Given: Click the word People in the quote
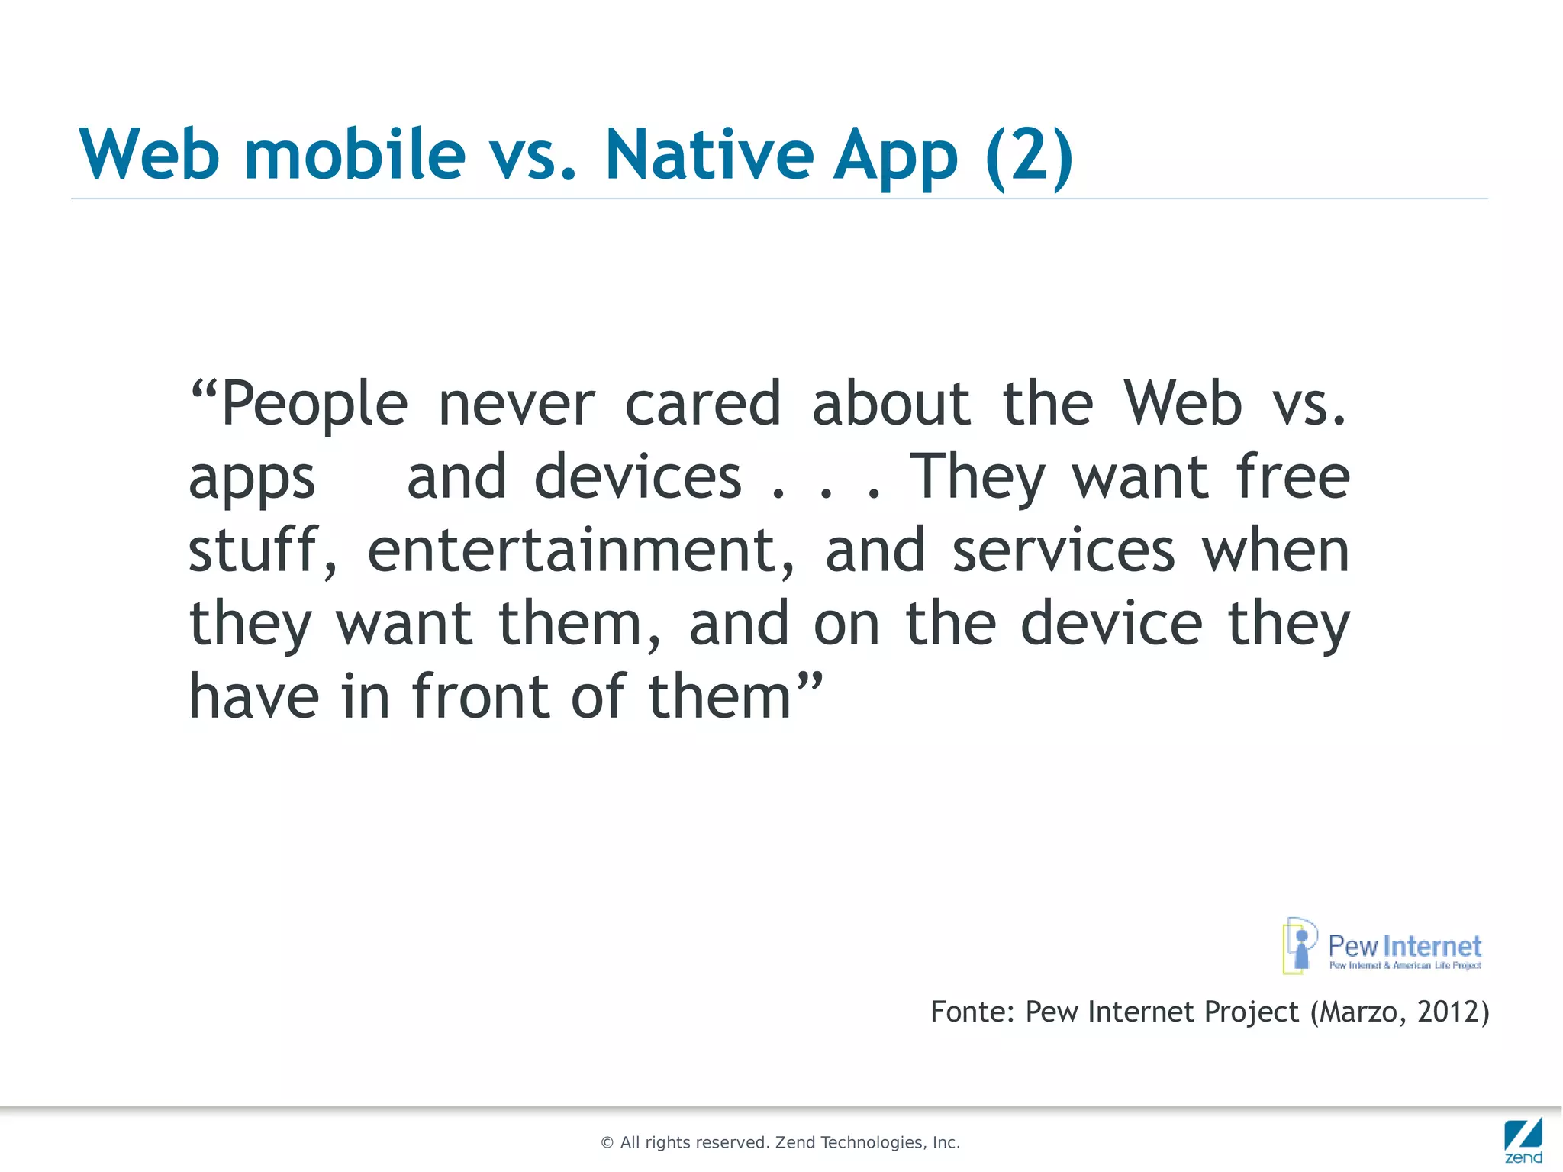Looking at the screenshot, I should tap(314, 404).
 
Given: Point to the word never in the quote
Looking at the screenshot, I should tap(516, 404).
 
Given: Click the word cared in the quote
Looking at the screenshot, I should tap(703, 404).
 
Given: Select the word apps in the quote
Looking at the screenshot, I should tap(252, 479).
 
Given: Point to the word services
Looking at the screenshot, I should tap(1063, 550).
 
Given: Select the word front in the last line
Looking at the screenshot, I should tap(481, 696).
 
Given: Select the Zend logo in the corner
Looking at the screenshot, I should tap(1523, 1139).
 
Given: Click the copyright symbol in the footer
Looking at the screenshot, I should tap(607, 1143).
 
